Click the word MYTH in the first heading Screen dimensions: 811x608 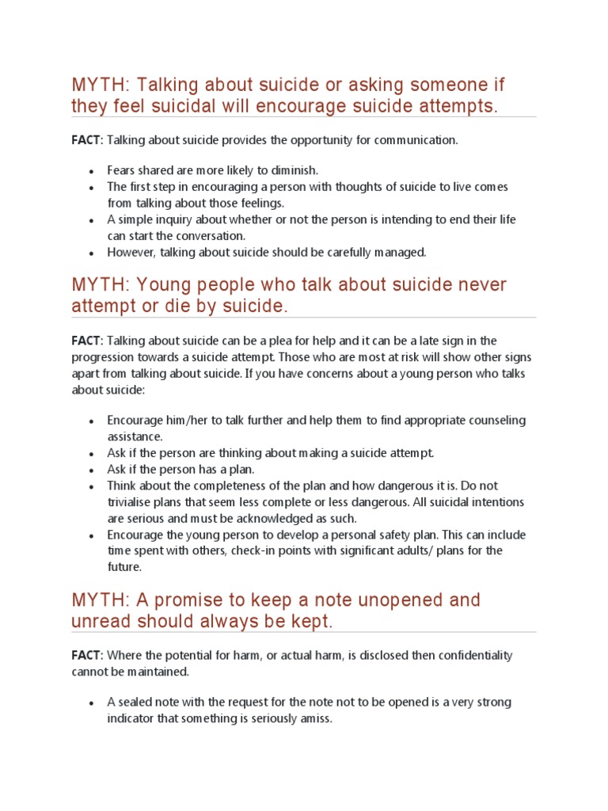93,85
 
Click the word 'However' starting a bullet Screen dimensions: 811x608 131,253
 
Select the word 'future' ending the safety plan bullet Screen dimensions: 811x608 124,567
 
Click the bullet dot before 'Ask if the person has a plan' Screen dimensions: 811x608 92,470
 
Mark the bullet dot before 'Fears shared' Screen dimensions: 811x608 92,171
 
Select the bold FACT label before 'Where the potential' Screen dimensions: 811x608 86,656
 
